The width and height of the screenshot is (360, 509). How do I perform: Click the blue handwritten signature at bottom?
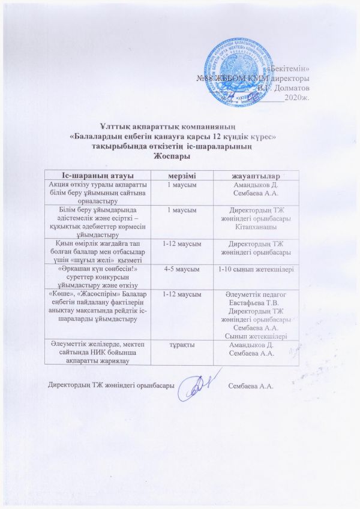click(x=199, y=381)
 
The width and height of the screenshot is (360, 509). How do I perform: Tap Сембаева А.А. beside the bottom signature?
click(x=251, y=384)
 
